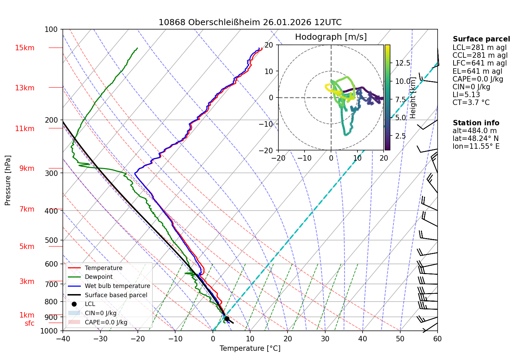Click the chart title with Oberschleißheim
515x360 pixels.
(x=250, y=22)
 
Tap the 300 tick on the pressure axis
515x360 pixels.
(x=51, y=173)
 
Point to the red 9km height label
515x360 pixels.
(x=27, y=168)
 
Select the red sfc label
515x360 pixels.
(x=30, y=323)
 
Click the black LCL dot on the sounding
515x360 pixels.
(x=227, y=319)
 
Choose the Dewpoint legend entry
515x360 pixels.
(x=99, y=277)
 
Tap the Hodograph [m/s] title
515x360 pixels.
(x=331, y=37)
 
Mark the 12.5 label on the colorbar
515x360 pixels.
(x=403, y=63)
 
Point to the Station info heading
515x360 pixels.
(x=476, y=123)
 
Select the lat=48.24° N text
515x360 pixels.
(x=476, y=139)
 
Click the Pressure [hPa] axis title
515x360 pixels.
(x=7, y=180)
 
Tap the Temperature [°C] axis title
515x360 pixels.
(x=250, y=348)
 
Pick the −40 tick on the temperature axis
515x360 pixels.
(x=62, y=339)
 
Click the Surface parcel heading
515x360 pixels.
(x=481, y=39)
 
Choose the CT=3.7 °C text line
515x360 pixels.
(x=471, y=102)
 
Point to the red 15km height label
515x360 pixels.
(x=24, y=48)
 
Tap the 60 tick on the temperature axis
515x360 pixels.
(x=438, y=339)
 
